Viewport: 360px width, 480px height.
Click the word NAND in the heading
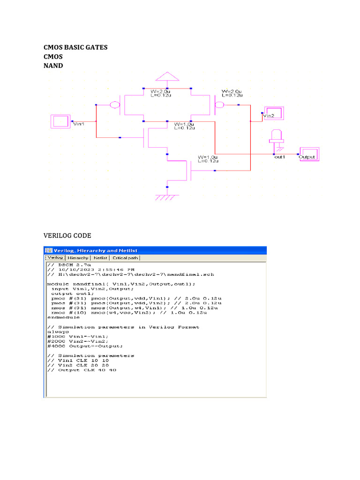53,66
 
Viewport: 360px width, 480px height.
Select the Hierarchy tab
78,258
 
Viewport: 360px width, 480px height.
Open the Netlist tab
100,258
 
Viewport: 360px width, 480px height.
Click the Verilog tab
55,258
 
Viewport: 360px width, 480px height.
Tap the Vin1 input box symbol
60,122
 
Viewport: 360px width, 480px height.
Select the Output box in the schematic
308,154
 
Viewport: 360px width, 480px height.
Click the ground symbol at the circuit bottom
167,197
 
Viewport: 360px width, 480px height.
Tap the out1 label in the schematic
280,157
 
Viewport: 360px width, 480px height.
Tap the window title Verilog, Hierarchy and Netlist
87,250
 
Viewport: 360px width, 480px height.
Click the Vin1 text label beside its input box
78,124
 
